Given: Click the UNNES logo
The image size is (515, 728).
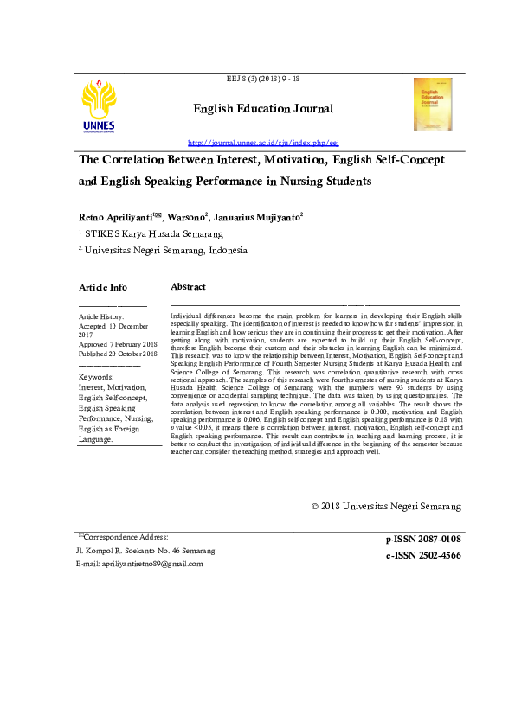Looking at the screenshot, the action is [x=98, y=106].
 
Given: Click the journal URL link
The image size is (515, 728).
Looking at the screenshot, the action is [x=263, y=142].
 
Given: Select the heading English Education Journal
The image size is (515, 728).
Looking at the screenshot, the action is [x=263, y=109].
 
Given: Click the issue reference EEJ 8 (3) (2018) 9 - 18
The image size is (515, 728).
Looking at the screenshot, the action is [x=263, y=80].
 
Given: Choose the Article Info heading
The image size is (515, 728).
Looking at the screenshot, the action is [x=103, y=287].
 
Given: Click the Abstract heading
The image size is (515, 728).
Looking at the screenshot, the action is [x=188, y=286].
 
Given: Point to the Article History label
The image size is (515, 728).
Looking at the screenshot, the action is [x=101, y=317].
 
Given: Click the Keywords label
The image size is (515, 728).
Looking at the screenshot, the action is [x=96, y=378].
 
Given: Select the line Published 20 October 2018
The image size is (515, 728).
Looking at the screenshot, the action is [x=118, y=354].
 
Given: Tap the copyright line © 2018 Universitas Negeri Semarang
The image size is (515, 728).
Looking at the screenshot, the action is [x=386, y=506].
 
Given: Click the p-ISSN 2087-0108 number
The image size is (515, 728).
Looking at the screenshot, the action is [x=423, y=540].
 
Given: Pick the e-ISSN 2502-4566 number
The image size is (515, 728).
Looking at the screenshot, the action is [x=423, y=556].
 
